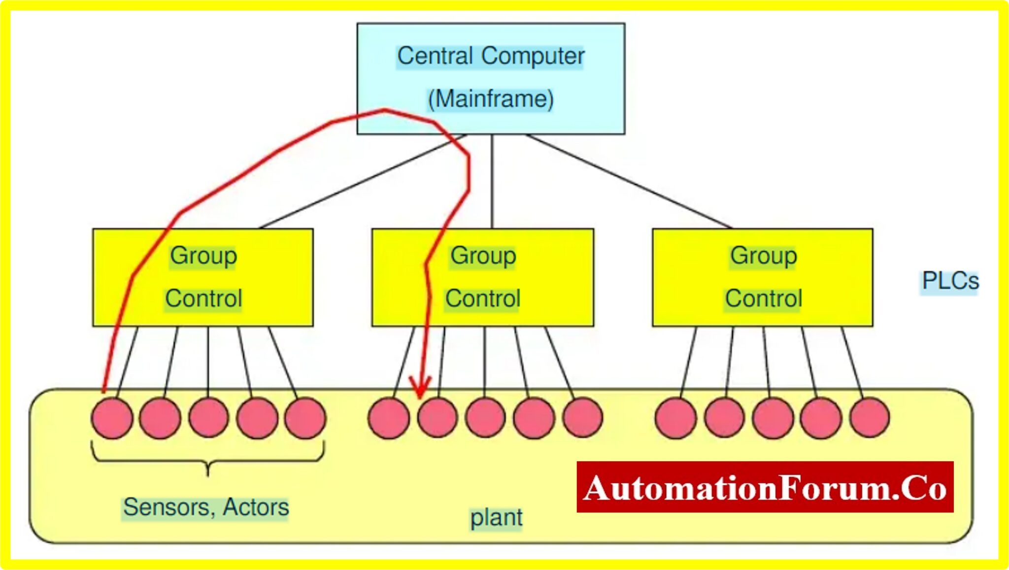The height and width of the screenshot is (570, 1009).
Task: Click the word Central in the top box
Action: coord(435,56)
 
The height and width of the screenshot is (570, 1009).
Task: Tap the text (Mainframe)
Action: coord(491,99)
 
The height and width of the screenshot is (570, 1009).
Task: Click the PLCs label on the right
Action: coord(950,281)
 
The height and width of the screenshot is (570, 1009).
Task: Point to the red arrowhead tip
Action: coord(420,396)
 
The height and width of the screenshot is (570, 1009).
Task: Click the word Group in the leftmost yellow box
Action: coord(203,256)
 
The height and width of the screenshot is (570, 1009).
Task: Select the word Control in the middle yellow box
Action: coord(483,298)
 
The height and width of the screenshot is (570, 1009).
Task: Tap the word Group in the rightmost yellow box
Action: coord(763,256)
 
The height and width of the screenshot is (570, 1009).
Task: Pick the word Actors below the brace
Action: coord(256,507)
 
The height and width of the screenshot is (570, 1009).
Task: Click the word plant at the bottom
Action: coord(496,518)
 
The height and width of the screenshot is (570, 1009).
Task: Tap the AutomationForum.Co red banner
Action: coord(765,487)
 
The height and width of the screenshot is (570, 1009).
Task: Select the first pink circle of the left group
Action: coord(112,418)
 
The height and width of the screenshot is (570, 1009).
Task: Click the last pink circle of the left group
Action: coord(305,418)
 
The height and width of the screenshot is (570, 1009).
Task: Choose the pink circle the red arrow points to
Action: coord(437,418)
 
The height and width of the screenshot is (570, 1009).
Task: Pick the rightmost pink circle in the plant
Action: coord(870,418)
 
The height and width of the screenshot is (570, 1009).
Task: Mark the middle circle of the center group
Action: coord(485,418)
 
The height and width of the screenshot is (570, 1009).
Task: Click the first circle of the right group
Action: coord(676,418)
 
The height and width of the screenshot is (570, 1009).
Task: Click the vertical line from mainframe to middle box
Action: coord(492,182)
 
